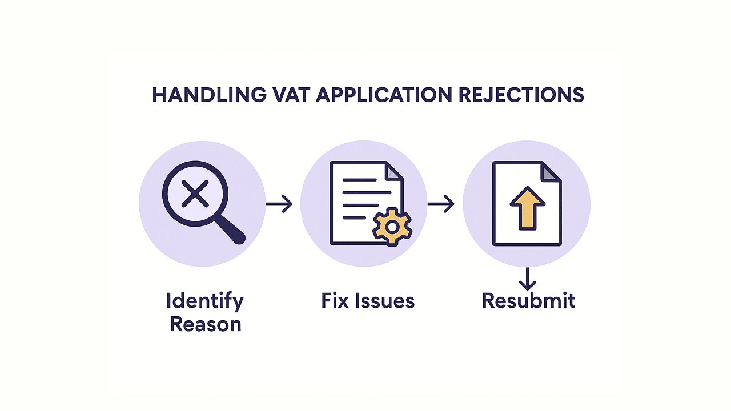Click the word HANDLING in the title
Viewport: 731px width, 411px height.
pos(209,95)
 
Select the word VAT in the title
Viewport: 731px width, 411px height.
pos(291,95)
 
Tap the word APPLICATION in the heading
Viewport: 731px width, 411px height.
pos(384,95)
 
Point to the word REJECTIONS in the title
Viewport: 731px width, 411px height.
pos(521,95)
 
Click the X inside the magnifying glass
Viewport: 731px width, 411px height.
pos(195,194)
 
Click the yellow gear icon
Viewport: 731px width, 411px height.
pos(392,227)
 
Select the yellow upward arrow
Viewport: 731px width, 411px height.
pos(527,208)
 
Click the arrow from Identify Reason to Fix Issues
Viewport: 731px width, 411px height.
pos(279,204)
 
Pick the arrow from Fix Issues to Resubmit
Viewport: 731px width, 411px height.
pos(441,204)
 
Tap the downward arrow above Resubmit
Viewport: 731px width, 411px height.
pos(527,279)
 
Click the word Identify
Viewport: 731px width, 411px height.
pos(205,301)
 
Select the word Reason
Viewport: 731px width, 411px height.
pos(206,325)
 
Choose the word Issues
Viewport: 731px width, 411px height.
pos(385,300)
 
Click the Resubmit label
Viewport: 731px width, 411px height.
pos(529,300)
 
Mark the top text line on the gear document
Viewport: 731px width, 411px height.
pos(360,180)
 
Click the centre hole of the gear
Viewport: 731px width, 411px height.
pos(392,227)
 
